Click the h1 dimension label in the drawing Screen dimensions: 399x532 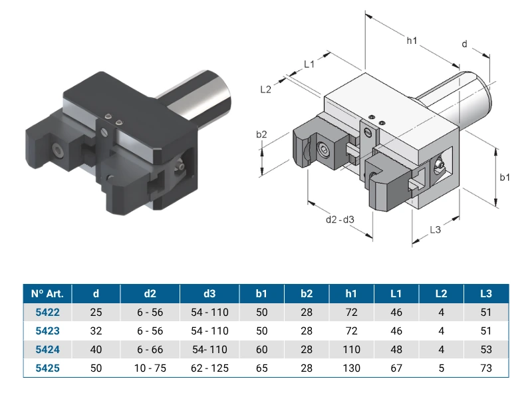click(x=412, y=41)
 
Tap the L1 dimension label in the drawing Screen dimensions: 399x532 click(x=309, y=64)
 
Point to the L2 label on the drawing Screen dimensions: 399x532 click(x=266, y=89)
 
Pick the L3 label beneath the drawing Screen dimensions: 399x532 click(x=435, y=229)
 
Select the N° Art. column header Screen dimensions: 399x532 click(x=47, y=293)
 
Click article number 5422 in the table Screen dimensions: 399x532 click(x=47, y=312)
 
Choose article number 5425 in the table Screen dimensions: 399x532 click(x=47, y=368)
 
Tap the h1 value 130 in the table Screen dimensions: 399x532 click(x=352, y=368)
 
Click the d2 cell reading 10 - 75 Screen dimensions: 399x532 click(x=150, y=368)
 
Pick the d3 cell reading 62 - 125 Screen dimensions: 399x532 click(x=209, y=368)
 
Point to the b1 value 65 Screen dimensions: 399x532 click(x=261, y=368)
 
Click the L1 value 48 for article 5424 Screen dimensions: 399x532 click(x=396, y=349)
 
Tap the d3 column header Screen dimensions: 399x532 click(x=209, y=293)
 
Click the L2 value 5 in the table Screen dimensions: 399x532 click(x=441, y=368)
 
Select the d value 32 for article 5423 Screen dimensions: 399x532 click(x=96, y=331)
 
